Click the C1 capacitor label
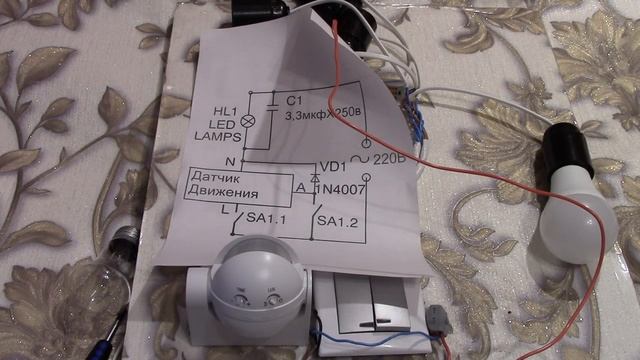click(294, 100)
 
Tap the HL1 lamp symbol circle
click(247, 121)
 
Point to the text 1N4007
click(341, 189)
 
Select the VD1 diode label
click(333, 167)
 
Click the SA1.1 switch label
click(266, 218)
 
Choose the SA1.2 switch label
click(338, 222)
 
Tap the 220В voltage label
click(389, 159)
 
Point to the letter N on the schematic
click(230, 162)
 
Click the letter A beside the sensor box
click(301, 188)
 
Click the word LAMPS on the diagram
click(218, 136)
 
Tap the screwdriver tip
click(121, 315)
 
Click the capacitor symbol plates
click(271, 108)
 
